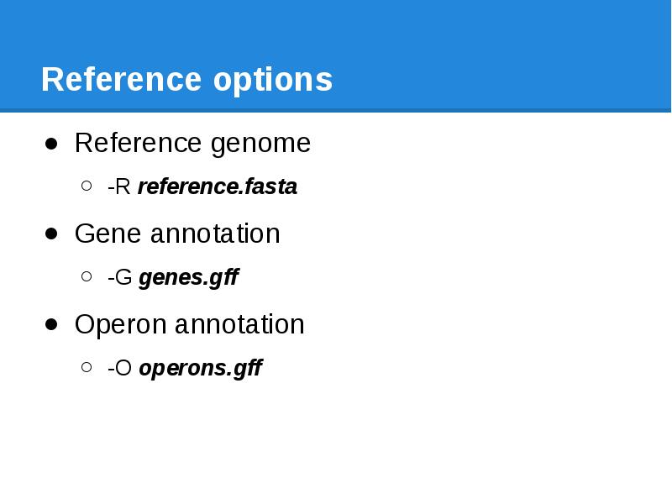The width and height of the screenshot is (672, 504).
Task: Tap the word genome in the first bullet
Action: click(x=260, y=144)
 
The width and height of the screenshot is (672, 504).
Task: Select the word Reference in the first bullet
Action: click(x=139, y=143)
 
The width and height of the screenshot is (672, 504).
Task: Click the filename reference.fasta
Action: click(x=218, y=186)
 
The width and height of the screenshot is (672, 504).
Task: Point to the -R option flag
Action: click(x=118, y=186)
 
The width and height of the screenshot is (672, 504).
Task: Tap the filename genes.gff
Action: click(x=189, y=278)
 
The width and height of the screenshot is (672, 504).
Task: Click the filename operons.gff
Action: click(x=201, y=369)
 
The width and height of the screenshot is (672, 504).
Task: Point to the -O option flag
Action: click(x=120, y=369)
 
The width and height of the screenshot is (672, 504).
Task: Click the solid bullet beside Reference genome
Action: click(x=52, y=144)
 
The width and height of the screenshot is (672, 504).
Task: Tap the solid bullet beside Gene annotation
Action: click(x=52, y=234)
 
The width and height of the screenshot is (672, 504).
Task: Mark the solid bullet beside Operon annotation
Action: click(x=52, y=324)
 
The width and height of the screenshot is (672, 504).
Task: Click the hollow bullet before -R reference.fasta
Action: click(x=87, y=186)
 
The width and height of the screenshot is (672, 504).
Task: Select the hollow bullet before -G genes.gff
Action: click(x=87, y=277)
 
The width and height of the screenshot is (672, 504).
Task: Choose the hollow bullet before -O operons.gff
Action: click(x=87, y=368)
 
